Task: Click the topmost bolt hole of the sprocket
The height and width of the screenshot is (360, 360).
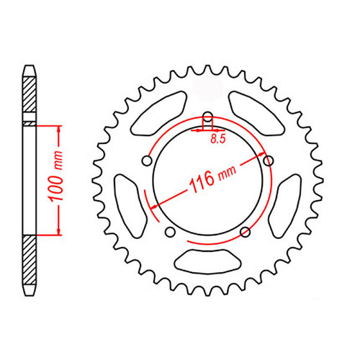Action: pos(207,118)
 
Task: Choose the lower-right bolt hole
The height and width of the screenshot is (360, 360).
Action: pos(246,231)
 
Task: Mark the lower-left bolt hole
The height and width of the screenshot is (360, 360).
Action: pos(171,232)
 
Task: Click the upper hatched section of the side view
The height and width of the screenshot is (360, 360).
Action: pos(30,97)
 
